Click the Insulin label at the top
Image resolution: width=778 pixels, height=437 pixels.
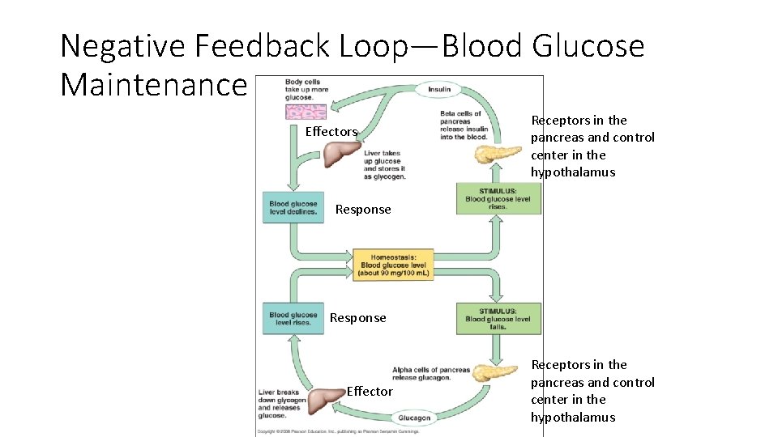click(x=439, y=90)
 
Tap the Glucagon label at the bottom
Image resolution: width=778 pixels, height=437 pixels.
click(x=414, y=418)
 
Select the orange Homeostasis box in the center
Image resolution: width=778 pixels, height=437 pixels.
click(x=392, y=265)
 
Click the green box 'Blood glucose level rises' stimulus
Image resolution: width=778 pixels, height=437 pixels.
click(x=498, y=198)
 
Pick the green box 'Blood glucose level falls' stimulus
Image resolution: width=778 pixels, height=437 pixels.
click(x=498, y=318)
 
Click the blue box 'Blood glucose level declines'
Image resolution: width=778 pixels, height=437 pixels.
click(x=293, y=208)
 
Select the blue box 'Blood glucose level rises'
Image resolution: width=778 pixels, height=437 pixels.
click(x=293, y=318)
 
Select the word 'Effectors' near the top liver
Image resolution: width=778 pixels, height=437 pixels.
click(x=331, y=132)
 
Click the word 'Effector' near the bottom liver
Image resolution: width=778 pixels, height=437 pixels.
click(x=370, y=392)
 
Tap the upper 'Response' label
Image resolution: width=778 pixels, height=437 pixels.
click(x=363, y=210)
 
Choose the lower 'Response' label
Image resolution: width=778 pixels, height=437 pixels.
click(x=358, y=318)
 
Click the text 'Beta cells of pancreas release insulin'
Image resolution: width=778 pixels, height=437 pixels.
click(x=463, y=125)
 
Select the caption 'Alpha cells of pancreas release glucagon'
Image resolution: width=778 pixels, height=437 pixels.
click(x=430, y=374)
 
